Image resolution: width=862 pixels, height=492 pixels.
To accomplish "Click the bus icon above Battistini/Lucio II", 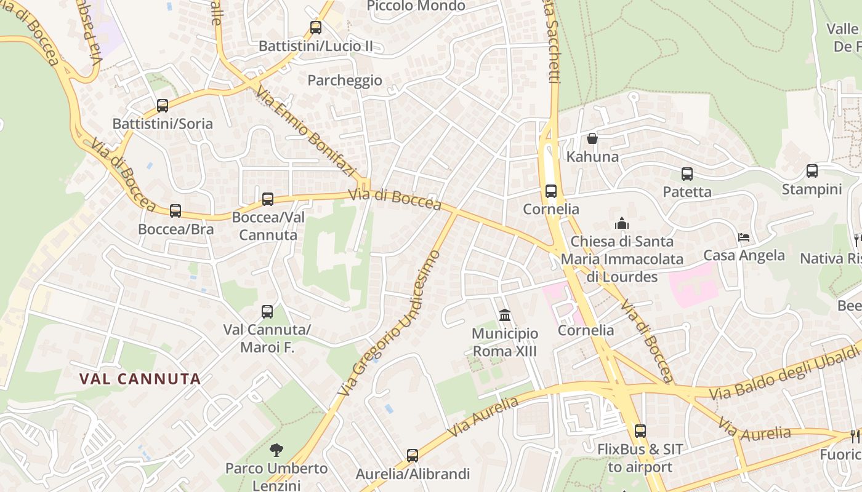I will [316, 28].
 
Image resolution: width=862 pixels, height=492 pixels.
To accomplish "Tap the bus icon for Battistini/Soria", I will [163, 106].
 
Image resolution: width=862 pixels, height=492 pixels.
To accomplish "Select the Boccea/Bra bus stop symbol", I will [175, 211].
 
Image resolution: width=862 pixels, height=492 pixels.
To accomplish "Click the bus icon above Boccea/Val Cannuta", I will [268, 199].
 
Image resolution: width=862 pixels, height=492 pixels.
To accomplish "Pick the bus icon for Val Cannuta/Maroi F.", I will [267, 312].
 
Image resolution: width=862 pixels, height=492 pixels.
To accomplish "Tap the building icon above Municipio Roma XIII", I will [505, 315].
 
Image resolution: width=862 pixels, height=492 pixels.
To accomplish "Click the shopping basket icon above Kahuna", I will [592, 138].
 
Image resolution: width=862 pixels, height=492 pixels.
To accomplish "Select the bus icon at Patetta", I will [687, 174].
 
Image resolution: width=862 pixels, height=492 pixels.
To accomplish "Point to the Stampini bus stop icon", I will [812, 171].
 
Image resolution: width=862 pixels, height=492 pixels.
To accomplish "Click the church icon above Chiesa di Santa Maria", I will [622, 223].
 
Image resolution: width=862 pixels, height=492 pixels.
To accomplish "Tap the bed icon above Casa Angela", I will [744, 237].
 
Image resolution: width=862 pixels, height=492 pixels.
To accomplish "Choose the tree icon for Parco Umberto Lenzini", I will [276, 450].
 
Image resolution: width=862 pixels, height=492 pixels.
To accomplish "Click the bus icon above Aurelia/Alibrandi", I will [413, 456].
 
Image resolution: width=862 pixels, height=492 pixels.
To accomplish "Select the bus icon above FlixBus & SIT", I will [640, 431].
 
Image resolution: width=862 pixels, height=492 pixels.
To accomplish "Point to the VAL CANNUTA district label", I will [140, 379].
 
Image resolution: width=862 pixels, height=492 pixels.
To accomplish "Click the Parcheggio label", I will [345, 81].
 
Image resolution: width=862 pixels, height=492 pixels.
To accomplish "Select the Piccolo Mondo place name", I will [416, 6].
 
